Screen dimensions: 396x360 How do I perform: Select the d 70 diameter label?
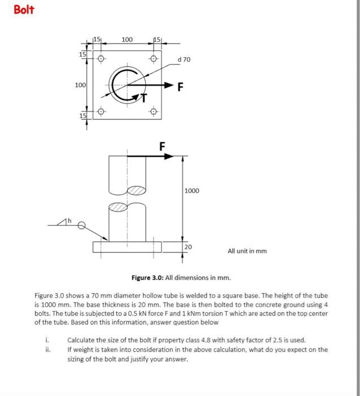184,59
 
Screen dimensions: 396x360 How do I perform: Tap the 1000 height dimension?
192,191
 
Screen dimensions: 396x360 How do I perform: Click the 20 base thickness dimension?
188,247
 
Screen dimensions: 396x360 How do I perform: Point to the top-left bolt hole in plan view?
102,58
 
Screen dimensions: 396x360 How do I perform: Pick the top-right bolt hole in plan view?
153,58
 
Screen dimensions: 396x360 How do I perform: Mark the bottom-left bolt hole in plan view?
102,111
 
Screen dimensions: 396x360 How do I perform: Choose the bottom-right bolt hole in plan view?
153,111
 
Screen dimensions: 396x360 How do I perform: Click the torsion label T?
143,98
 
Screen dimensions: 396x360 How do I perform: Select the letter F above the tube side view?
162,146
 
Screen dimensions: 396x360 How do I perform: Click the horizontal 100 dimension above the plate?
127,40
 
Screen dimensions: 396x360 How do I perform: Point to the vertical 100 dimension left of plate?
80,85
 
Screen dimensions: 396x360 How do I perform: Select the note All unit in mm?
247,251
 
